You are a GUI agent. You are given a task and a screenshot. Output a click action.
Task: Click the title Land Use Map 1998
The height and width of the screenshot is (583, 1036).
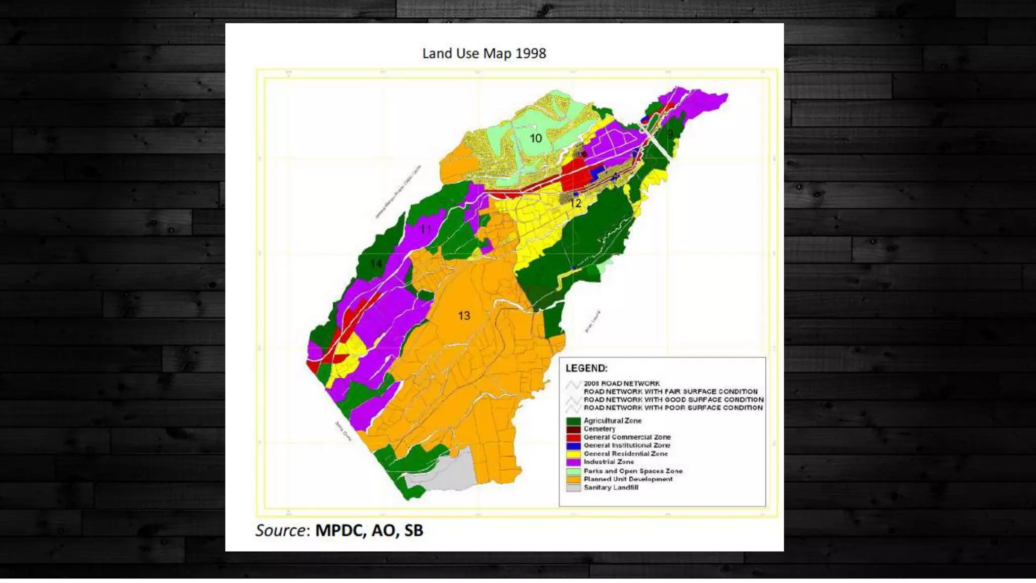pyautogui.click(x=484, y=53)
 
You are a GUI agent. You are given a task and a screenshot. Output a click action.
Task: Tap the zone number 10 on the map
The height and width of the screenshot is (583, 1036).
pyautogui.click(x=536, y=138)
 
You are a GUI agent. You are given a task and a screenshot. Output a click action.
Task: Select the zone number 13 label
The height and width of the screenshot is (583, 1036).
pyautogui.click(x=464, y=316)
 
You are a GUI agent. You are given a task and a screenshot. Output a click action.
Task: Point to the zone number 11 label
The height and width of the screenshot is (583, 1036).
pyautogui.click(x=425, y=229)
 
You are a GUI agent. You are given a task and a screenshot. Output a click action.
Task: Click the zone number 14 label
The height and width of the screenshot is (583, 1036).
pyautogui.click(x=376, y=264)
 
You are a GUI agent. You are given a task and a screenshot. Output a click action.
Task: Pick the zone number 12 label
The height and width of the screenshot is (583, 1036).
pyautogui.click(x=575, y=203)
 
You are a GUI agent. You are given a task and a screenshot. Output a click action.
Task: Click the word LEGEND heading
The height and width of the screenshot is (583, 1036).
pyautogui.click(x=586, y=368)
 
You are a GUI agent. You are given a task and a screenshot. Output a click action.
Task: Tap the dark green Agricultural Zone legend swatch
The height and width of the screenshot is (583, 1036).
pyautogui.click(x=573, y=421)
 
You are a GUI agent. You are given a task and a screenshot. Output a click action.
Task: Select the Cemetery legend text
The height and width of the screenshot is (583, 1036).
pyautogui.click(x=599, y=429)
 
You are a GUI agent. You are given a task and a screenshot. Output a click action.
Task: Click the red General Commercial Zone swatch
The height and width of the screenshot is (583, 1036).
pyautogui.click(x=573, y=437)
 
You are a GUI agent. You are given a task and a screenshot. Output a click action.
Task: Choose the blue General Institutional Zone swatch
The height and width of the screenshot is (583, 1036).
pyautogui.click(x=573, y=446)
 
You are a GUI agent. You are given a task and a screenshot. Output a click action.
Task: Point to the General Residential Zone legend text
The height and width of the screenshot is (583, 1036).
pyautogui.click(x=625, y=454)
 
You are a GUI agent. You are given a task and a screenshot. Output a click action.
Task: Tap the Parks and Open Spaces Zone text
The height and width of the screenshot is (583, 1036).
pyautogui.click(x=633, y=471)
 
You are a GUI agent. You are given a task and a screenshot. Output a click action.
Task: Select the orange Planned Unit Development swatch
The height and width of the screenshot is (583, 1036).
pyautogui.click(x=573, y=479)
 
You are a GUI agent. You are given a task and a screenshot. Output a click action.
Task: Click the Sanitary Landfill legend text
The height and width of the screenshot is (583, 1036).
pyautogui.click(x=611, y=488)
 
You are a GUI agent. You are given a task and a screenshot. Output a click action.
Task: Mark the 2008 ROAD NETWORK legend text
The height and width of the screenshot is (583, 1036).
pyautogui.click(x=621, y=384)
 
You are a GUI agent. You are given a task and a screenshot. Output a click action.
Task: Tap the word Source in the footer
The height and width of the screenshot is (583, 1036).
pyautogui.click(x=280, y=530)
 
